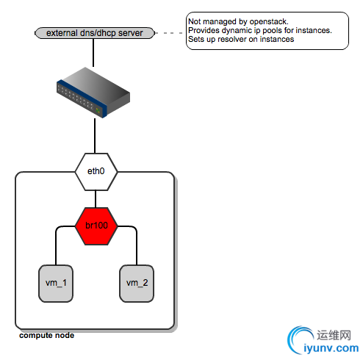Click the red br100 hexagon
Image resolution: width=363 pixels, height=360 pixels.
click(96, 226)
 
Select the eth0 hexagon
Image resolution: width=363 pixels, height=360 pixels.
click(96, 172)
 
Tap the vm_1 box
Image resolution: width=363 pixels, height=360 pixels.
click(56, 284)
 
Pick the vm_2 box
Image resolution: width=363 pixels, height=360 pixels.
click(137, 284)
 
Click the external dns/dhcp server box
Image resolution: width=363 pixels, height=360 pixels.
click(95, 33)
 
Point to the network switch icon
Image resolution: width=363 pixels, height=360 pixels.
click(93, 92)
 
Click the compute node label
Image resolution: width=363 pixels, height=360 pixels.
click(47, 335)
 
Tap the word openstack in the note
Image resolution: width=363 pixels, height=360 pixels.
click(269, 21)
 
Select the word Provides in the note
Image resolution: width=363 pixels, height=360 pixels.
click(204, 30)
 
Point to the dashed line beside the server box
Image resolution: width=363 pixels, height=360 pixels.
click(169, 33)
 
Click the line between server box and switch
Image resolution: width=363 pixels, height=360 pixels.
click(93, 53)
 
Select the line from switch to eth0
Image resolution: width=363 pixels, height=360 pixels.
click(95, 136)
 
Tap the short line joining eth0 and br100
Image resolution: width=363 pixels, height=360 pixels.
click(96, 199)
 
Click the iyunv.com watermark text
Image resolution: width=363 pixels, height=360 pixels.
click(331, 348)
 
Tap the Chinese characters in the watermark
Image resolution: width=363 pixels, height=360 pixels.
click(334, 335)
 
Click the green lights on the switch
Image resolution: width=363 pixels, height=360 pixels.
click(98, 110)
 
